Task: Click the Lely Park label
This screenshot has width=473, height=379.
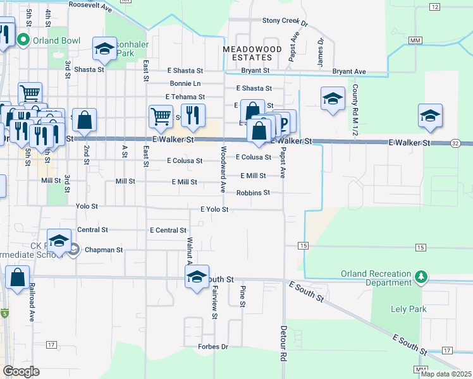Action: click(x=408, y=309)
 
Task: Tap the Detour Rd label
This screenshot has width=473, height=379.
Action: click(x=282, y=344)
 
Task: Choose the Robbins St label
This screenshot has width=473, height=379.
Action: click(x=253, y=193)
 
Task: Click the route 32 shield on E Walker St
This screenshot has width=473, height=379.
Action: click(x=455, y=143)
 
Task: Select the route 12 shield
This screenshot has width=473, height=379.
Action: click(x=434, y=6)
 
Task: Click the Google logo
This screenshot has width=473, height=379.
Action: click(x=21, y=371)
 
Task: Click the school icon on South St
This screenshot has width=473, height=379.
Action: click(x=197, y=276)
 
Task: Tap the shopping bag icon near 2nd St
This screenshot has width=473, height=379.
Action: click(x=84, y=120)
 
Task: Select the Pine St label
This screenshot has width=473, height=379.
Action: click(x=242, y=296)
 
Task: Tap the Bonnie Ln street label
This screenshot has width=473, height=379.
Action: click(x=185, y=83)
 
